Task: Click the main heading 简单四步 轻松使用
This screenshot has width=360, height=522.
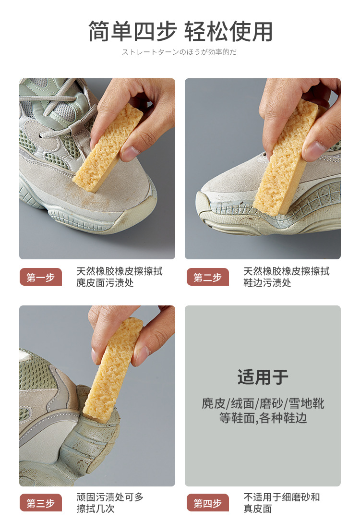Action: point(180,31)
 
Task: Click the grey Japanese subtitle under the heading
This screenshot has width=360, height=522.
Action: point(179,52)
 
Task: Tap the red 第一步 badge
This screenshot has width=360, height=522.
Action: point(41,277)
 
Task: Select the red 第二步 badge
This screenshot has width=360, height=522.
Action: point(208,277)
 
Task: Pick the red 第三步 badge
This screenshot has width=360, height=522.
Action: point(41,502)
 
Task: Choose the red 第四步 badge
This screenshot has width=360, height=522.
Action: point(208,502)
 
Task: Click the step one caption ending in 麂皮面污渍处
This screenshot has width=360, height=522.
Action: point(120,277)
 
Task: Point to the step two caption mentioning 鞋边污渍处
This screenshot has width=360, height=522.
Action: point(287,277)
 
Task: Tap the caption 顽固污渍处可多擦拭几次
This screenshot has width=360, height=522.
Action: point(110,503)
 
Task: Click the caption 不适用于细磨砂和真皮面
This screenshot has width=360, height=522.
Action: point(281,503)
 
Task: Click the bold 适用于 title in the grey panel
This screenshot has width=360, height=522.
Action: point(263,377)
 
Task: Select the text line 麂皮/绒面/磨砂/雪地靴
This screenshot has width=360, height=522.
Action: point(263,403)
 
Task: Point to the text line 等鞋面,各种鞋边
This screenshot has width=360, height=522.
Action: point(263,418)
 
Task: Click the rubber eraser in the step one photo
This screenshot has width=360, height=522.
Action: point(108,148)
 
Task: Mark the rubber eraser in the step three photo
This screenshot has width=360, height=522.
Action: point(113,370)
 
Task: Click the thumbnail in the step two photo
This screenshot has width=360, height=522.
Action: point(314,150)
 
